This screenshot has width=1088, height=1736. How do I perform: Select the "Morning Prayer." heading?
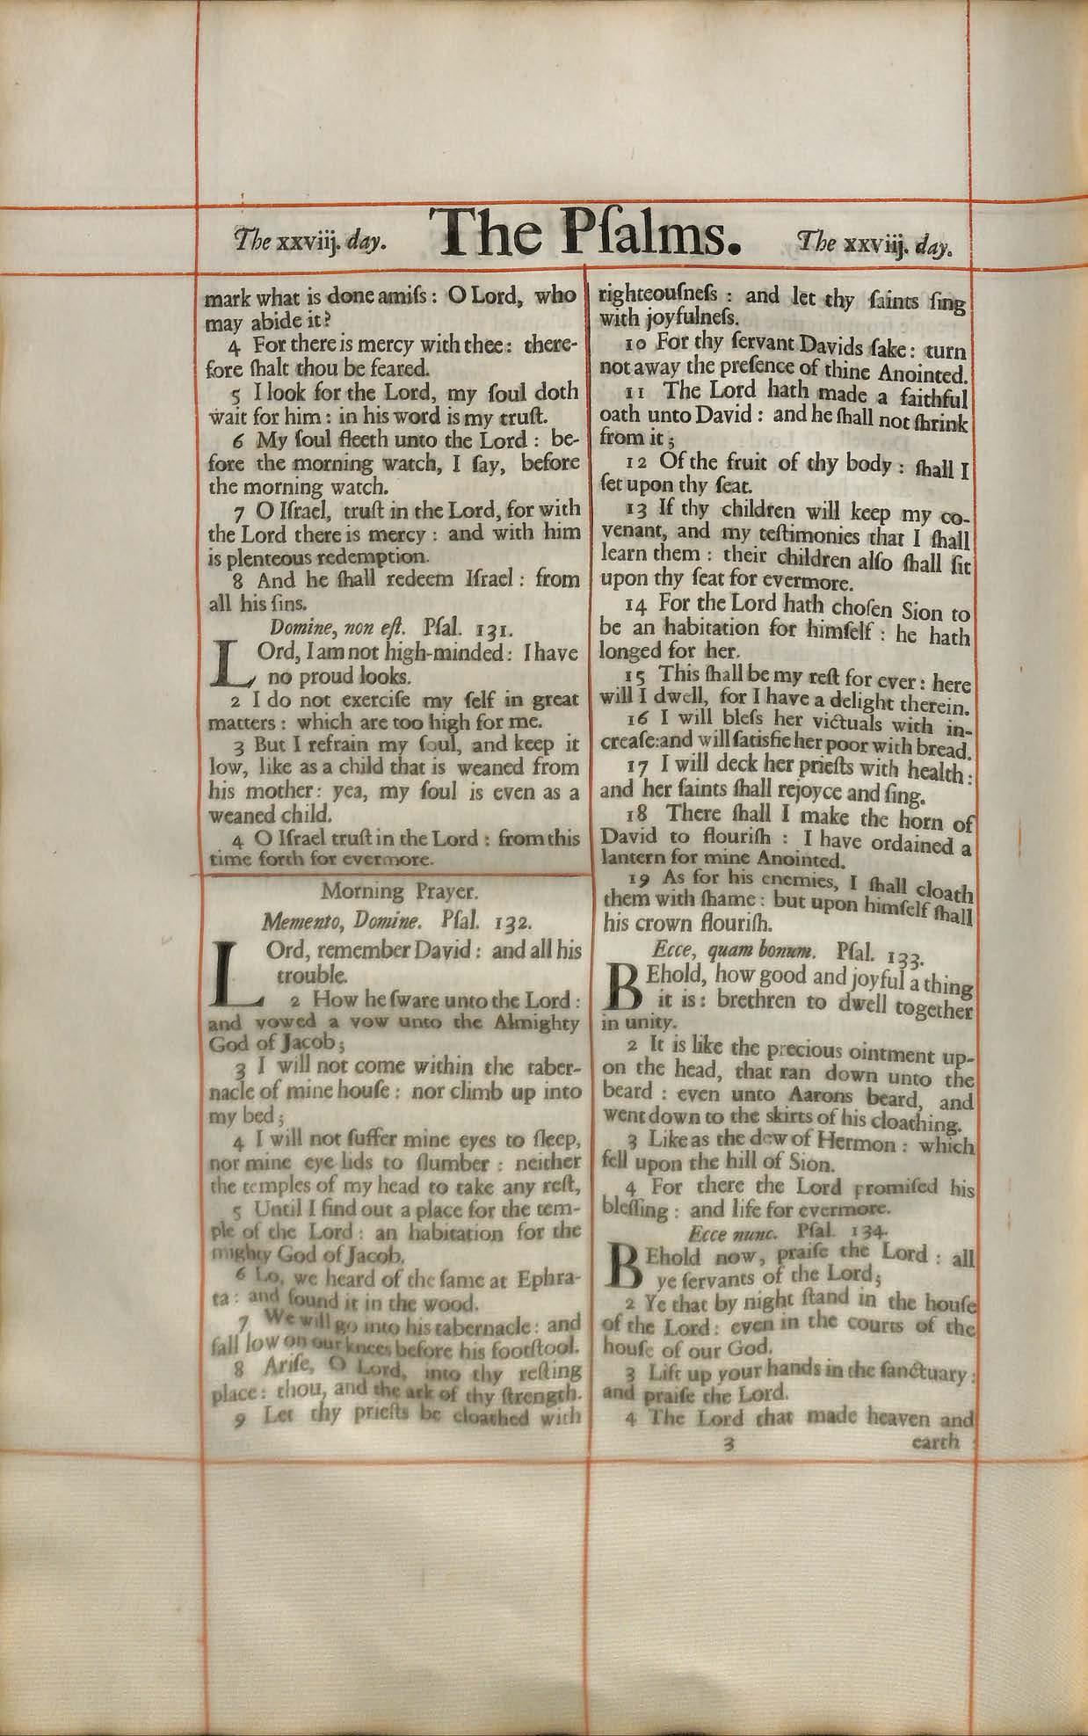399,891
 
